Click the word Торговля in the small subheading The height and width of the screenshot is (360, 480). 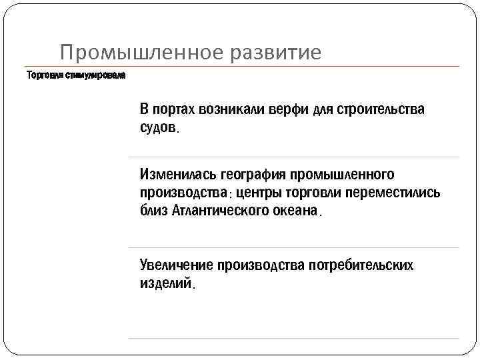pos(45,75)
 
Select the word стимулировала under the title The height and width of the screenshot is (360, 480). pos(95,75)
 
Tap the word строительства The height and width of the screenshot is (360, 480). pos(379,109)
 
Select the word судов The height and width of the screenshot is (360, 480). pos(159,127)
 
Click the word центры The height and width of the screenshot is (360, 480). pos(261,193)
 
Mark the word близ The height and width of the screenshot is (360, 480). pos(153,211)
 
